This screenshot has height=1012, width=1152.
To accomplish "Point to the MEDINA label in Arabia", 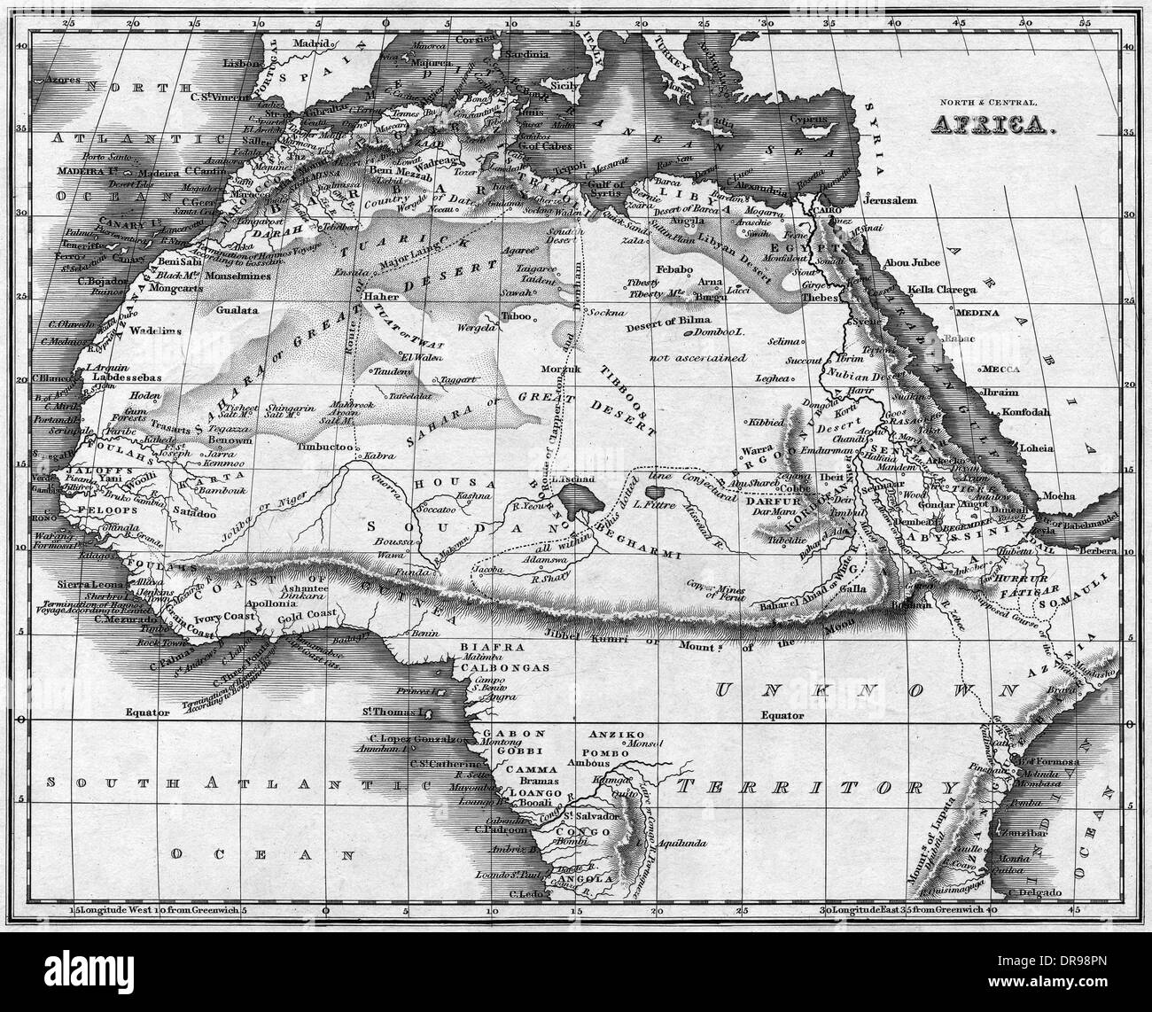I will [x=975, y=313].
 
